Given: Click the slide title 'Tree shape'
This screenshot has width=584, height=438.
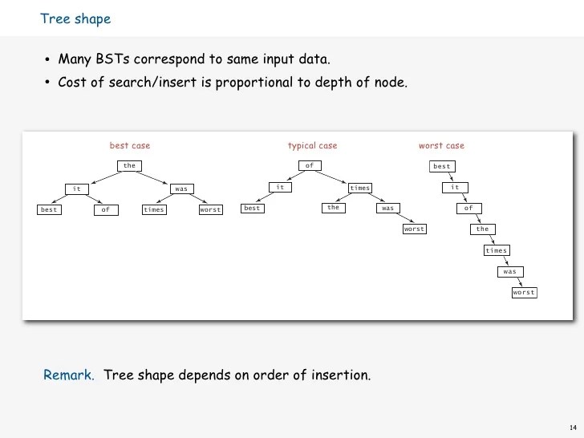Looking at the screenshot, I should (75, 19).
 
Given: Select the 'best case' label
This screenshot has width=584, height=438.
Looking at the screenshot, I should (130, 146).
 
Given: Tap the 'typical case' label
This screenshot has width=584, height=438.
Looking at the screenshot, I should (312, 146).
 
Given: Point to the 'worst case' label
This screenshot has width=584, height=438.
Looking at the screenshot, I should (441, 146).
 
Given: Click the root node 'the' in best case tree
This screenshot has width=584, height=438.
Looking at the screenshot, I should (129, 166).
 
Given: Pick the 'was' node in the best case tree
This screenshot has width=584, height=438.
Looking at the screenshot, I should (181, 189).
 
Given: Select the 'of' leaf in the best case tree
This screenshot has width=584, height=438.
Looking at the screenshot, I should (105, 210).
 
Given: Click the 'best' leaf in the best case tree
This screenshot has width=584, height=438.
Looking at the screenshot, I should (49, 210).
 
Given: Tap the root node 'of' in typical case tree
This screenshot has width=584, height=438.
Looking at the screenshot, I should (309, 166).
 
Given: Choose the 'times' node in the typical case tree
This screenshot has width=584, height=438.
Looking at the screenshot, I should (360, 188).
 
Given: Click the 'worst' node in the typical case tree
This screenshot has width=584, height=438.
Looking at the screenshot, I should (414, 229).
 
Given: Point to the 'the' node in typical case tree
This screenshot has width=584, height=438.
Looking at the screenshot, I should (334, 208).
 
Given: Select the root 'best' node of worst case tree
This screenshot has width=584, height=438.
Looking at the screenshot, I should (442, 167).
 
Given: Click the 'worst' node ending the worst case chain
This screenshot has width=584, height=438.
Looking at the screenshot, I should (524, 293).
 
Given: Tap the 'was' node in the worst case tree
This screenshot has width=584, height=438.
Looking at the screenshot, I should (509, 272).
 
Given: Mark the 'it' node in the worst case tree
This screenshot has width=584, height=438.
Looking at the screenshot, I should (455, 188).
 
